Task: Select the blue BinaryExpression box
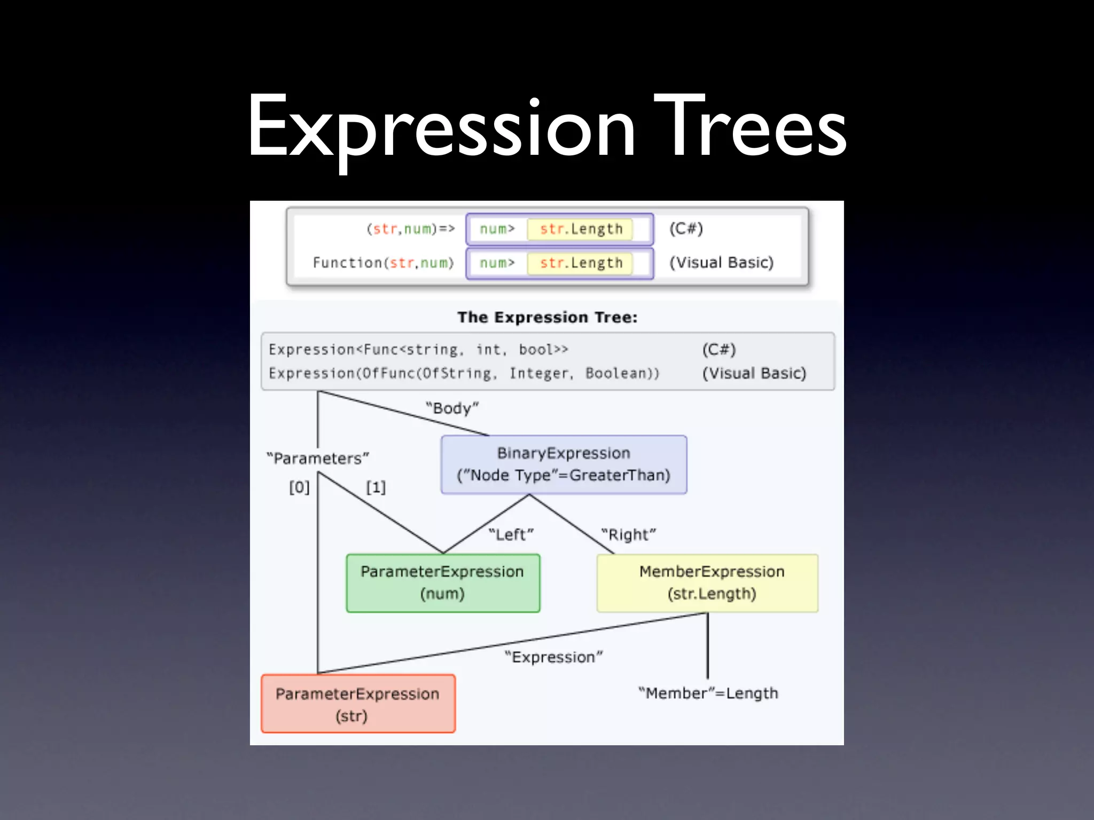[x=564, y=464]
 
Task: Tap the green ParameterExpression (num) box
[x=443, y=583]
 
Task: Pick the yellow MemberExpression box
[x=707, y=583]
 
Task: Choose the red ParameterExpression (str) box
[x=358, y=704]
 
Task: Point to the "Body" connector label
[x=452, y=408]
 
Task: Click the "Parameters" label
[x=318, y=459]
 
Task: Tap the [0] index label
[x=299, y=487]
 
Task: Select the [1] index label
[x=376, y=487]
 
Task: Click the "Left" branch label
[x=511, y=534]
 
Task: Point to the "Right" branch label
[x=628, y=534]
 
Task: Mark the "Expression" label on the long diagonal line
[x=553, y=657]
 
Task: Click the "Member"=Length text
[x=708, y=693]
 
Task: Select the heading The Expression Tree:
[x=548, y=318]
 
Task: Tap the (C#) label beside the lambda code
[x=686, y=229]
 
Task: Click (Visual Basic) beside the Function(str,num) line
[x=721, y=263]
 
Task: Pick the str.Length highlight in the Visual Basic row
[x=581, y=263]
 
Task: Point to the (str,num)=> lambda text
[x=410, y=229]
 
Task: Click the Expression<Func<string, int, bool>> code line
[x=418, y=350]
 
